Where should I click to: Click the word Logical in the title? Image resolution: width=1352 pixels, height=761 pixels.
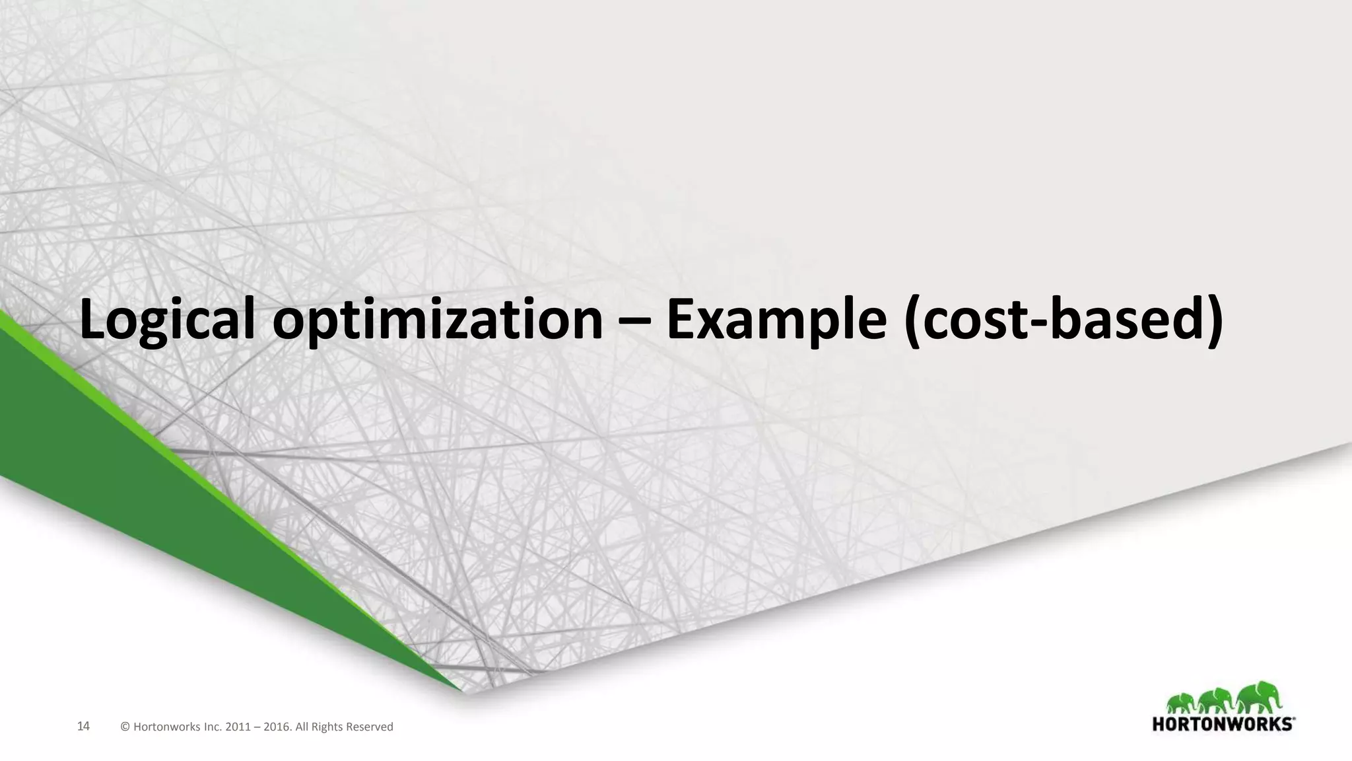click(x=168, y=320)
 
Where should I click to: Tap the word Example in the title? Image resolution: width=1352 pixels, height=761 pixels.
click(x=776, y=320)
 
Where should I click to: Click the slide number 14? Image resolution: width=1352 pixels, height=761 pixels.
click(x=83, y=727)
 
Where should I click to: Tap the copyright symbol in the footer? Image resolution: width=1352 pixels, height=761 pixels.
click(x=125, y=727)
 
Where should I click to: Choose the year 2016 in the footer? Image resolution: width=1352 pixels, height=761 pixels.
click(x=277, y=727)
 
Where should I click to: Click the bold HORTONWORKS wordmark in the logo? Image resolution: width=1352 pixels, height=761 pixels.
click(x=1221, y=724)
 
